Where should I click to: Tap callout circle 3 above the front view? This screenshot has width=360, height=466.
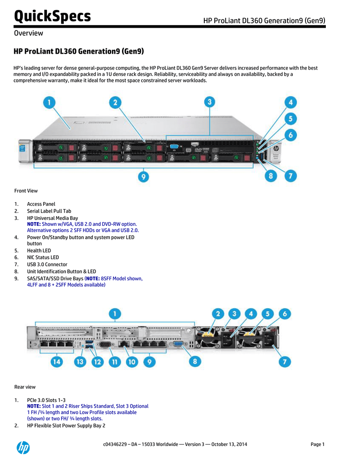(209, 102)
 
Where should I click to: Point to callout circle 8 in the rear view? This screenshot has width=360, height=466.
(195, 361)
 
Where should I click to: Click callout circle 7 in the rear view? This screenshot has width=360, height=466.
(285, 362)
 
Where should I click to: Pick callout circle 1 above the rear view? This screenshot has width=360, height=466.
(115, 314)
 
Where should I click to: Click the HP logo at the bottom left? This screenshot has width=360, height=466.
(23, 448)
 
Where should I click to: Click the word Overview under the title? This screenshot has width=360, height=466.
(28, 33)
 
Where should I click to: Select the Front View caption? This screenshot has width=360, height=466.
(26, 191)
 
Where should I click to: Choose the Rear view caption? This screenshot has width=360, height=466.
(25, 387)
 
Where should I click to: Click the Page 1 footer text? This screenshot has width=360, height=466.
(317, 444)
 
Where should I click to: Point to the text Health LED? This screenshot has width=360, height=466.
(39, 250)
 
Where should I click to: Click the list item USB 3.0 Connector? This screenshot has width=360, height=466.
(47, 264)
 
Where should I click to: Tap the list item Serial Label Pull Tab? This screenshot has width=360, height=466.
(49, 211)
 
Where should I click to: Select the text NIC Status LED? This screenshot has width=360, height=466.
(43, 257)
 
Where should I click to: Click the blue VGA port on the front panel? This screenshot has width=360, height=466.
(173, 147)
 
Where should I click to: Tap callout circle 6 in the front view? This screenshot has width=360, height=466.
(291, 135)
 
